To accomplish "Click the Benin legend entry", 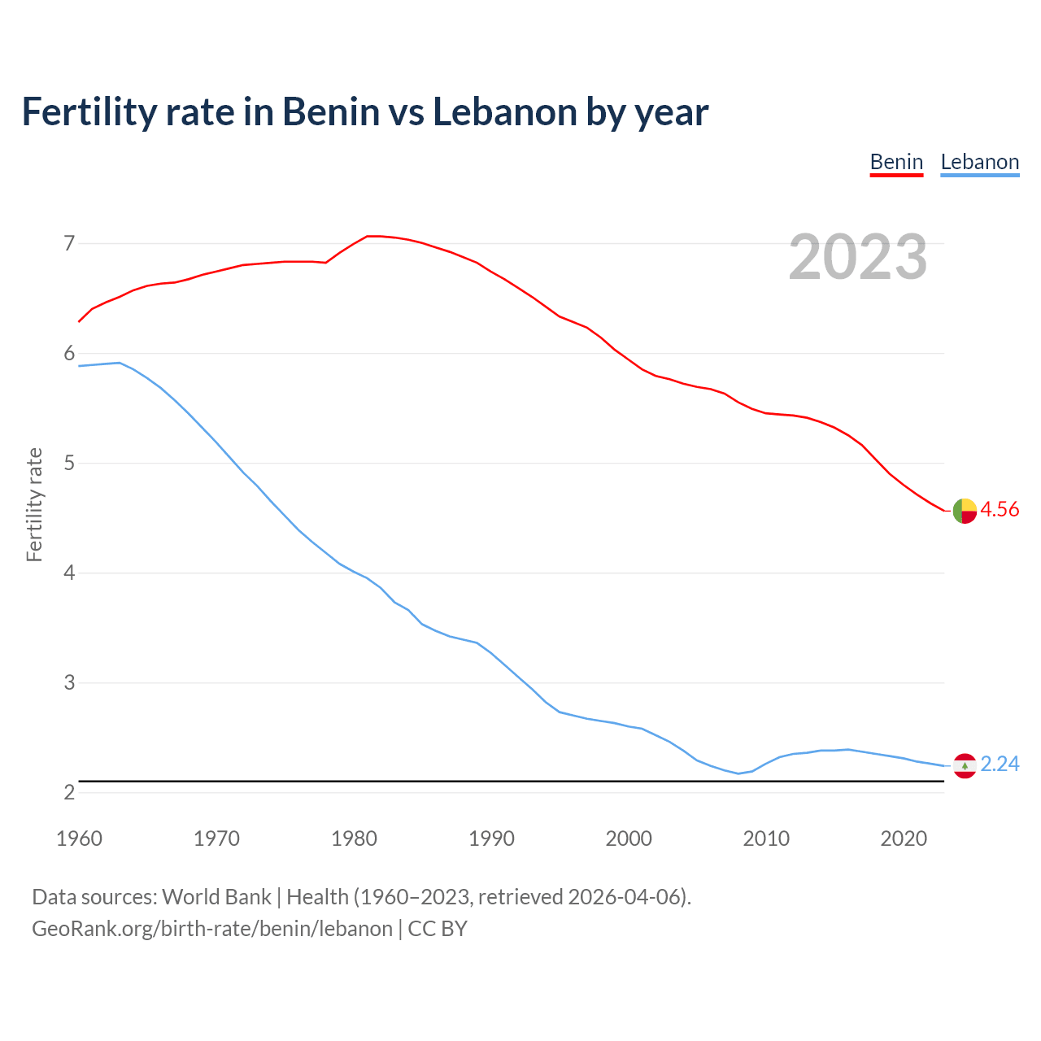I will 896,162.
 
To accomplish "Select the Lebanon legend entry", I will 979,162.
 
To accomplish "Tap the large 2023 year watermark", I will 858,257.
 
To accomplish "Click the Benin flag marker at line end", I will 965,511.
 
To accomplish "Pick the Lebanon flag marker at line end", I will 965,765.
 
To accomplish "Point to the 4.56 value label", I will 1000,510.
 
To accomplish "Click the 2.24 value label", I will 1000,764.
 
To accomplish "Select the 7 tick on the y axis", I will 69,243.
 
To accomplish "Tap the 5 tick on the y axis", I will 69,464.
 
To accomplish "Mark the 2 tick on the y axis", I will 69,792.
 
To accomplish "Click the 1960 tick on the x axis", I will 79,838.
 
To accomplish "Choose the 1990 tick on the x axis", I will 491,838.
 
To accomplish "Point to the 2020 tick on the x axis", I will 904,838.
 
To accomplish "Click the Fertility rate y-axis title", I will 34,504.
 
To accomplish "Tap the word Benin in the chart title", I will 329,111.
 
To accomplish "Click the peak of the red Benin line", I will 372,236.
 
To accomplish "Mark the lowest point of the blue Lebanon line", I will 738,773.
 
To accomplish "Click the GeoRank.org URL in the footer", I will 212,929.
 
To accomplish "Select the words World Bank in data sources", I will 216,897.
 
